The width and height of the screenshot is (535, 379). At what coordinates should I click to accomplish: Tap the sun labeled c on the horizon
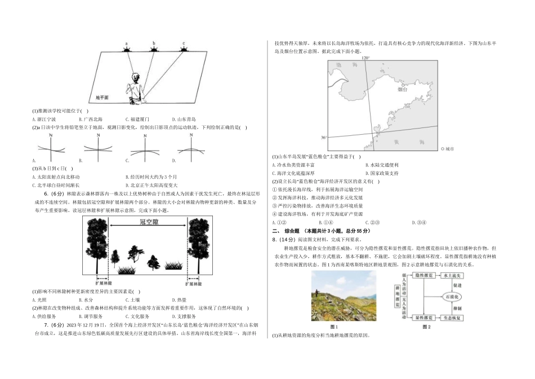(184, 49)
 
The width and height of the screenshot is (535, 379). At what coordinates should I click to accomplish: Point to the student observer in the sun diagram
(136, 87)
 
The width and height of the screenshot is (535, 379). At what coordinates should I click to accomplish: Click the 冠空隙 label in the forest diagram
(148, 222)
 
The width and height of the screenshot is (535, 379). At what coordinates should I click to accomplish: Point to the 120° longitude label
(365, 58)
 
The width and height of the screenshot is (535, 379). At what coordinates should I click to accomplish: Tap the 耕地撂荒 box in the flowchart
(398, 297)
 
